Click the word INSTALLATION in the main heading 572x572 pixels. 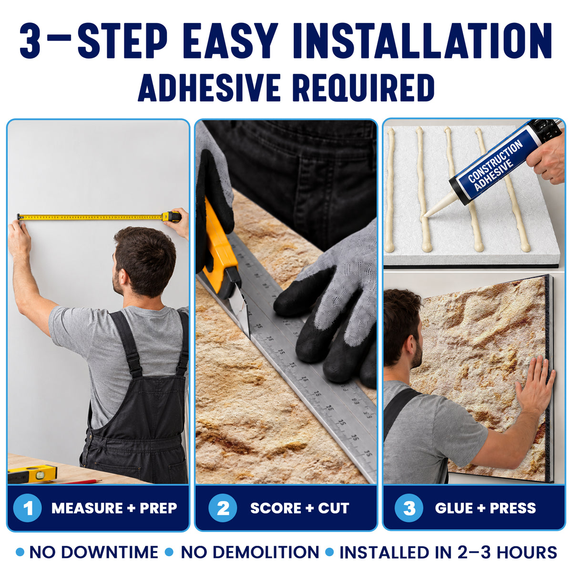pyautogui.click(x=422, y=41)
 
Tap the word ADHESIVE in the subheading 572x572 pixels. pyautogui.click(x=209, y=88)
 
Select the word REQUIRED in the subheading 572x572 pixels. pyautogui.click(x=363, y=88)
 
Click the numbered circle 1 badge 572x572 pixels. pyautogui.click(x=28, y=508)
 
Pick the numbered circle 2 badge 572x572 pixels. pyautogui.click(x=223, y=508)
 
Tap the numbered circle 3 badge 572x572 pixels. pyautogui.click(x=409, y=508)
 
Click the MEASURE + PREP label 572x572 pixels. pyautogui.click(x=114, y=508)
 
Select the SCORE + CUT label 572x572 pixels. pyautogui.click(x=299, y=508)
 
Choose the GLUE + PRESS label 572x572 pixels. pyautogui.click(x=486, y=508)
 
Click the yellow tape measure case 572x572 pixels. pyautogui.click(x=172, y=217)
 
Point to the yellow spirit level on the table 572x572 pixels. pyautogui.click(x=32, y=473)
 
